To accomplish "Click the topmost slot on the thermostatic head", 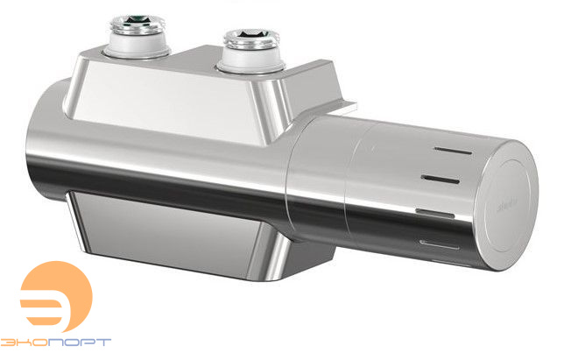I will tap(443, 152).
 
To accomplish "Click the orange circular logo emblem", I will tap(55, 297).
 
